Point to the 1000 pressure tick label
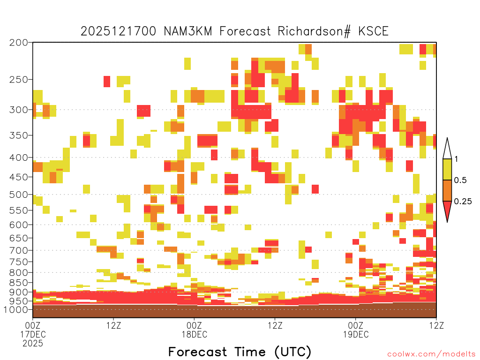(x=16, y=310)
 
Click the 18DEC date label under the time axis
(x=195, y=335)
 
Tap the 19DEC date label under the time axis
(x=356, y=335)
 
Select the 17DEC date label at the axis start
(x=33, y=335)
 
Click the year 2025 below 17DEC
(x=33, y=344)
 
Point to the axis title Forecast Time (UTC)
(x=240, y=352)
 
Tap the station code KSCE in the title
(x=374, y=31)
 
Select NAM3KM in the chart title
(x=188, y=31)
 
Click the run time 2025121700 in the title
(x=119, y=31)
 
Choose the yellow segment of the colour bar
(x=447, y=169)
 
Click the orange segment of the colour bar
(x=447, y=190)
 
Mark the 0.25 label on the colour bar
(x=463, y=202)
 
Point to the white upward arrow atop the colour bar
(x=447, y=149)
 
